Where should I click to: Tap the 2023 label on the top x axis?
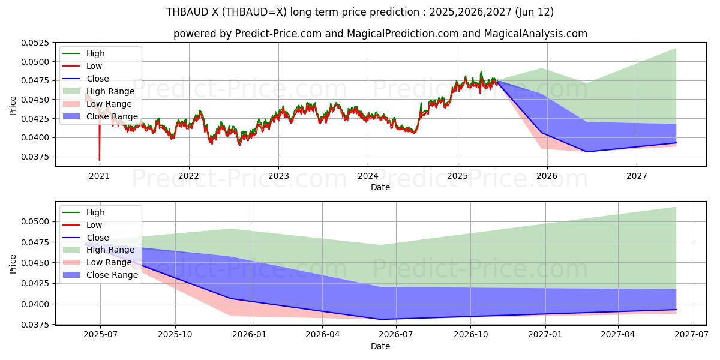(x=278, y=176)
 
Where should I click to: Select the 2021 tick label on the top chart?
(x=99, y=176)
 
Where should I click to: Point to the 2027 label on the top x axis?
(x=637, y=176)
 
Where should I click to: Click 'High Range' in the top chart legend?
(x=110, y=91)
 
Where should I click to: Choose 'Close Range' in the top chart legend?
(x=112, y=116)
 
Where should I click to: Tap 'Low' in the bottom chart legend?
(x=94, y=225)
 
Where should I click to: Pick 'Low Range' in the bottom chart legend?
(x=109, y=262)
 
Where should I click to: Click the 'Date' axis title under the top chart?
(x=380, y=187)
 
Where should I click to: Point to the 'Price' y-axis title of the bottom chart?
(x=13, y=263)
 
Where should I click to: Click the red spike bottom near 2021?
(x=100, y=160)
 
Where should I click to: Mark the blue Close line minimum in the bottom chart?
(x=380, y=319)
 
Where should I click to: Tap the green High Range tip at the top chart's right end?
(x=676, y=49)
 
